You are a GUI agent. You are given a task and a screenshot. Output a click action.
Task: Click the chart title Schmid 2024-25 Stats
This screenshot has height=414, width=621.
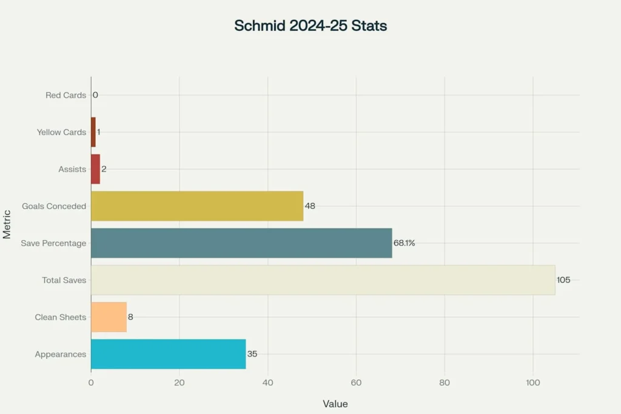(310, 26)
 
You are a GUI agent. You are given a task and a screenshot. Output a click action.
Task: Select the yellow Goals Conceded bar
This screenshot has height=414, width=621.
(197, 206)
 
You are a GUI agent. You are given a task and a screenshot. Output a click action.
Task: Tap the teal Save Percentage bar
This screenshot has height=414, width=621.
(241, 243)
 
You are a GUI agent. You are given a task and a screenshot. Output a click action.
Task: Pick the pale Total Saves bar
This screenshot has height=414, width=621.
(323, 280)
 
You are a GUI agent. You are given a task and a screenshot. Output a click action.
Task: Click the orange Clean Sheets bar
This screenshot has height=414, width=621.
(109, 317)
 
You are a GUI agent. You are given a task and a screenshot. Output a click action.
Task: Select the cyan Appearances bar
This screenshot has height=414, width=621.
(168, 354)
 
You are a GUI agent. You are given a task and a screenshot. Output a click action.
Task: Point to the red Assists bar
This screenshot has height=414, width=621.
(95, 169)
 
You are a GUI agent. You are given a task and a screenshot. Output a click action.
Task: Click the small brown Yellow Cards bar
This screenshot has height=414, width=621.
(93, 132)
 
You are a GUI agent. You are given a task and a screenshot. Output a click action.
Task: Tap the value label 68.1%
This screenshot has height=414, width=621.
(404, 243)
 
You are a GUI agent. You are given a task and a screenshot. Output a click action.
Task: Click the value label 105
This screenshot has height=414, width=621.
(563, 280)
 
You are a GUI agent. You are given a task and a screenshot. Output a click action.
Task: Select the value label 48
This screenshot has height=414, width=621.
(310, 206)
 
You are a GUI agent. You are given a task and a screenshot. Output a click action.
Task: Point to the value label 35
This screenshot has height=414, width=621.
(252, 354)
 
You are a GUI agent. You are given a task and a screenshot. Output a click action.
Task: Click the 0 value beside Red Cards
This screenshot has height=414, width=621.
(95, 95)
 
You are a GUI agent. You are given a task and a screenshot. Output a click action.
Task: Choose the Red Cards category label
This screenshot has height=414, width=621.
(65, 95)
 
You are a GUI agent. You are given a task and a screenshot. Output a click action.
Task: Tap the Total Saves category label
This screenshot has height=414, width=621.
(64, 280)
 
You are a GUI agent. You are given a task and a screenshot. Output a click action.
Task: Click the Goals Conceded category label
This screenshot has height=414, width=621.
(54, 206)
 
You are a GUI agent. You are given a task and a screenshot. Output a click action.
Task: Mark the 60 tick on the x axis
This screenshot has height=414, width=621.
(356, 383)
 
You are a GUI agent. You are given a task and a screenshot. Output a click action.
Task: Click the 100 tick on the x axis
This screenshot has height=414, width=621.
(533, 383)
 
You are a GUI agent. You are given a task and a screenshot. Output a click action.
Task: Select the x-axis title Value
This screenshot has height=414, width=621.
(335, 404)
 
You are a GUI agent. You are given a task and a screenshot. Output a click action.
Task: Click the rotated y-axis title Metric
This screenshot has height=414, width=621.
(7, 224)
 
